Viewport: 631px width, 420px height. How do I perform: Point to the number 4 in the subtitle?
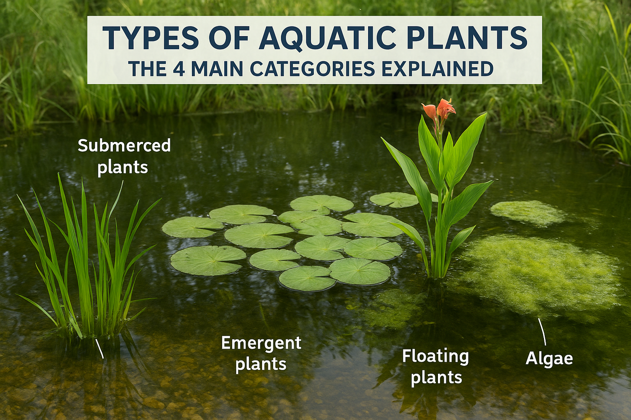(x=179, y=69)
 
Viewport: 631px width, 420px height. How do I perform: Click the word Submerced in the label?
(x=124, y=146)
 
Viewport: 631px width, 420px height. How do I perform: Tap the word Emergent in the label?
(x=261, y=343)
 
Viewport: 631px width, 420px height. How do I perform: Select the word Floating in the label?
(x=435, y=356)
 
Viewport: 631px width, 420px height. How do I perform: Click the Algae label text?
(x=549, y=359)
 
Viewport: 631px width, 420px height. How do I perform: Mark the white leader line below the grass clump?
(x=99, y=349)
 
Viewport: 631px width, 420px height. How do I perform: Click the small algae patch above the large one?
(x=528, y=212)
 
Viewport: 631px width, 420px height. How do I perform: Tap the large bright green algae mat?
(x=538, y=275)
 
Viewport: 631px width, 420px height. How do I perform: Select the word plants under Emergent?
(x=261, y=364)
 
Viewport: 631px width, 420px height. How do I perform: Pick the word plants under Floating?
(x=436, y=378)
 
